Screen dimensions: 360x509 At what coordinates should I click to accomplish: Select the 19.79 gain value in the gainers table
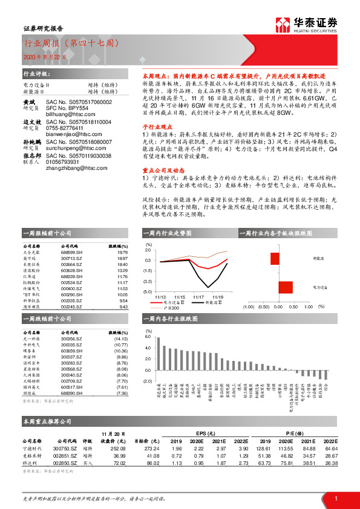point(120,254)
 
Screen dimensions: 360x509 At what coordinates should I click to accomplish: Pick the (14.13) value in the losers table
point(120,340)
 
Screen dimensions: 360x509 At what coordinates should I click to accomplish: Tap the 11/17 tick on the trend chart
point(198,296)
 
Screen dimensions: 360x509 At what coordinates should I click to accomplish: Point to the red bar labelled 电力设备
point(282,287)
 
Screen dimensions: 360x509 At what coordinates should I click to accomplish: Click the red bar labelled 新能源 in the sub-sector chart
point(275,259)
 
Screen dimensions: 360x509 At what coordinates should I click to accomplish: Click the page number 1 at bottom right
point(335,497)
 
